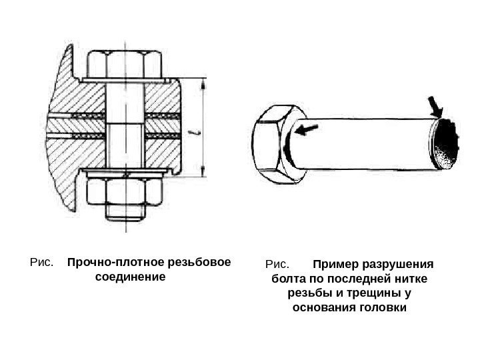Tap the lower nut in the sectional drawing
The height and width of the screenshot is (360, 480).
pyautogui.click(x=125, y=193)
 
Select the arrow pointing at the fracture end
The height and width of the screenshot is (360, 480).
pyautogui.click(x=435, y=106)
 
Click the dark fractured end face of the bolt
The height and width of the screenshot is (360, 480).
pyautogui.click(x=445, y=143)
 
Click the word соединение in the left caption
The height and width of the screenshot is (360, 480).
pyautogui.click(x=130, y=277)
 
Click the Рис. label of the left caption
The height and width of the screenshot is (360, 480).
pyautogui.click(x=41, y=262)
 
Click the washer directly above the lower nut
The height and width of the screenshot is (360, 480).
pyautogui.click(x=125, y=175)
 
